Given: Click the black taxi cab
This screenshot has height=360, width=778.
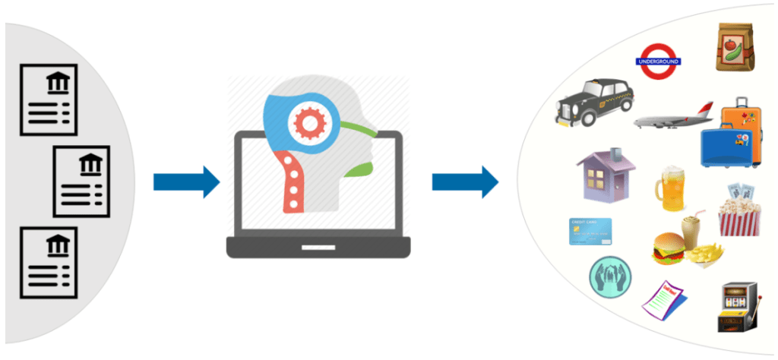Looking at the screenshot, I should (x=593, y=103).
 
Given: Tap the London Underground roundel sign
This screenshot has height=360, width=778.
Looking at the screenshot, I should (x=659, y=60).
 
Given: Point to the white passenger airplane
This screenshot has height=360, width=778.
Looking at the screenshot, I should (x=672, y=118).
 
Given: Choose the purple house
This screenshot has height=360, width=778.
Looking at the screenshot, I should (x=606, y=174).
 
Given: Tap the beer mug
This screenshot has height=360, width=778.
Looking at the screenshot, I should (x=670, y=189).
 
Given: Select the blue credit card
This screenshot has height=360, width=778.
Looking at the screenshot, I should (x=590, y=231).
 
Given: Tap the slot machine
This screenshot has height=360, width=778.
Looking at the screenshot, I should (x=735, y=308).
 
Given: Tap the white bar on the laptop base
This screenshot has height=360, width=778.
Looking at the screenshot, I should (x=318, y=248).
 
